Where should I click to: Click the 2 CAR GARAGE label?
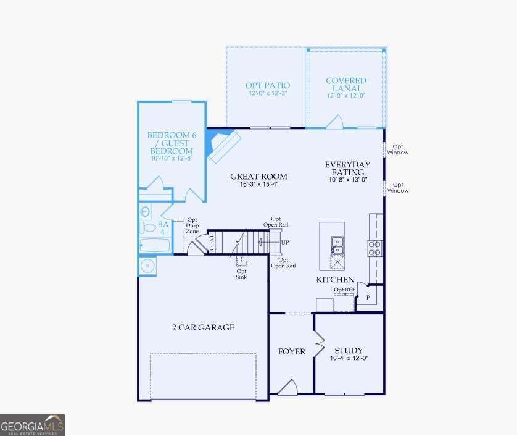[203, 327]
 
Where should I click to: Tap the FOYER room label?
[291, 351]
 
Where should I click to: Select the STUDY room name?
[349, 350]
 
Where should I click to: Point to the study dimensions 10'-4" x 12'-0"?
[349, 358]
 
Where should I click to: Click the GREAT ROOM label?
[258, 176]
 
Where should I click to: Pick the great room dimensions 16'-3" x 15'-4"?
[258, 184]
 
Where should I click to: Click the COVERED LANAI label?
[345, 85]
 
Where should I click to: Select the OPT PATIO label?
[268, 85]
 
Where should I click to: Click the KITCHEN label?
[335, 280]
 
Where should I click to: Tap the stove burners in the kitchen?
[374, 248]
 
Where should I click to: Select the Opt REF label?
[344, 290]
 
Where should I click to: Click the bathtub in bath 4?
[154, 246]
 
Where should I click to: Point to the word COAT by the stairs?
[211, 241]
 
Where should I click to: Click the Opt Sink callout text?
[242, 274]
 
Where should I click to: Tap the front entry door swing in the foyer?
[287, 387]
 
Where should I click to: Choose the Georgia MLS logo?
[32, 425]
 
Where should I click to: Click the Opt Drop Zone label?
[192, 225]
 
